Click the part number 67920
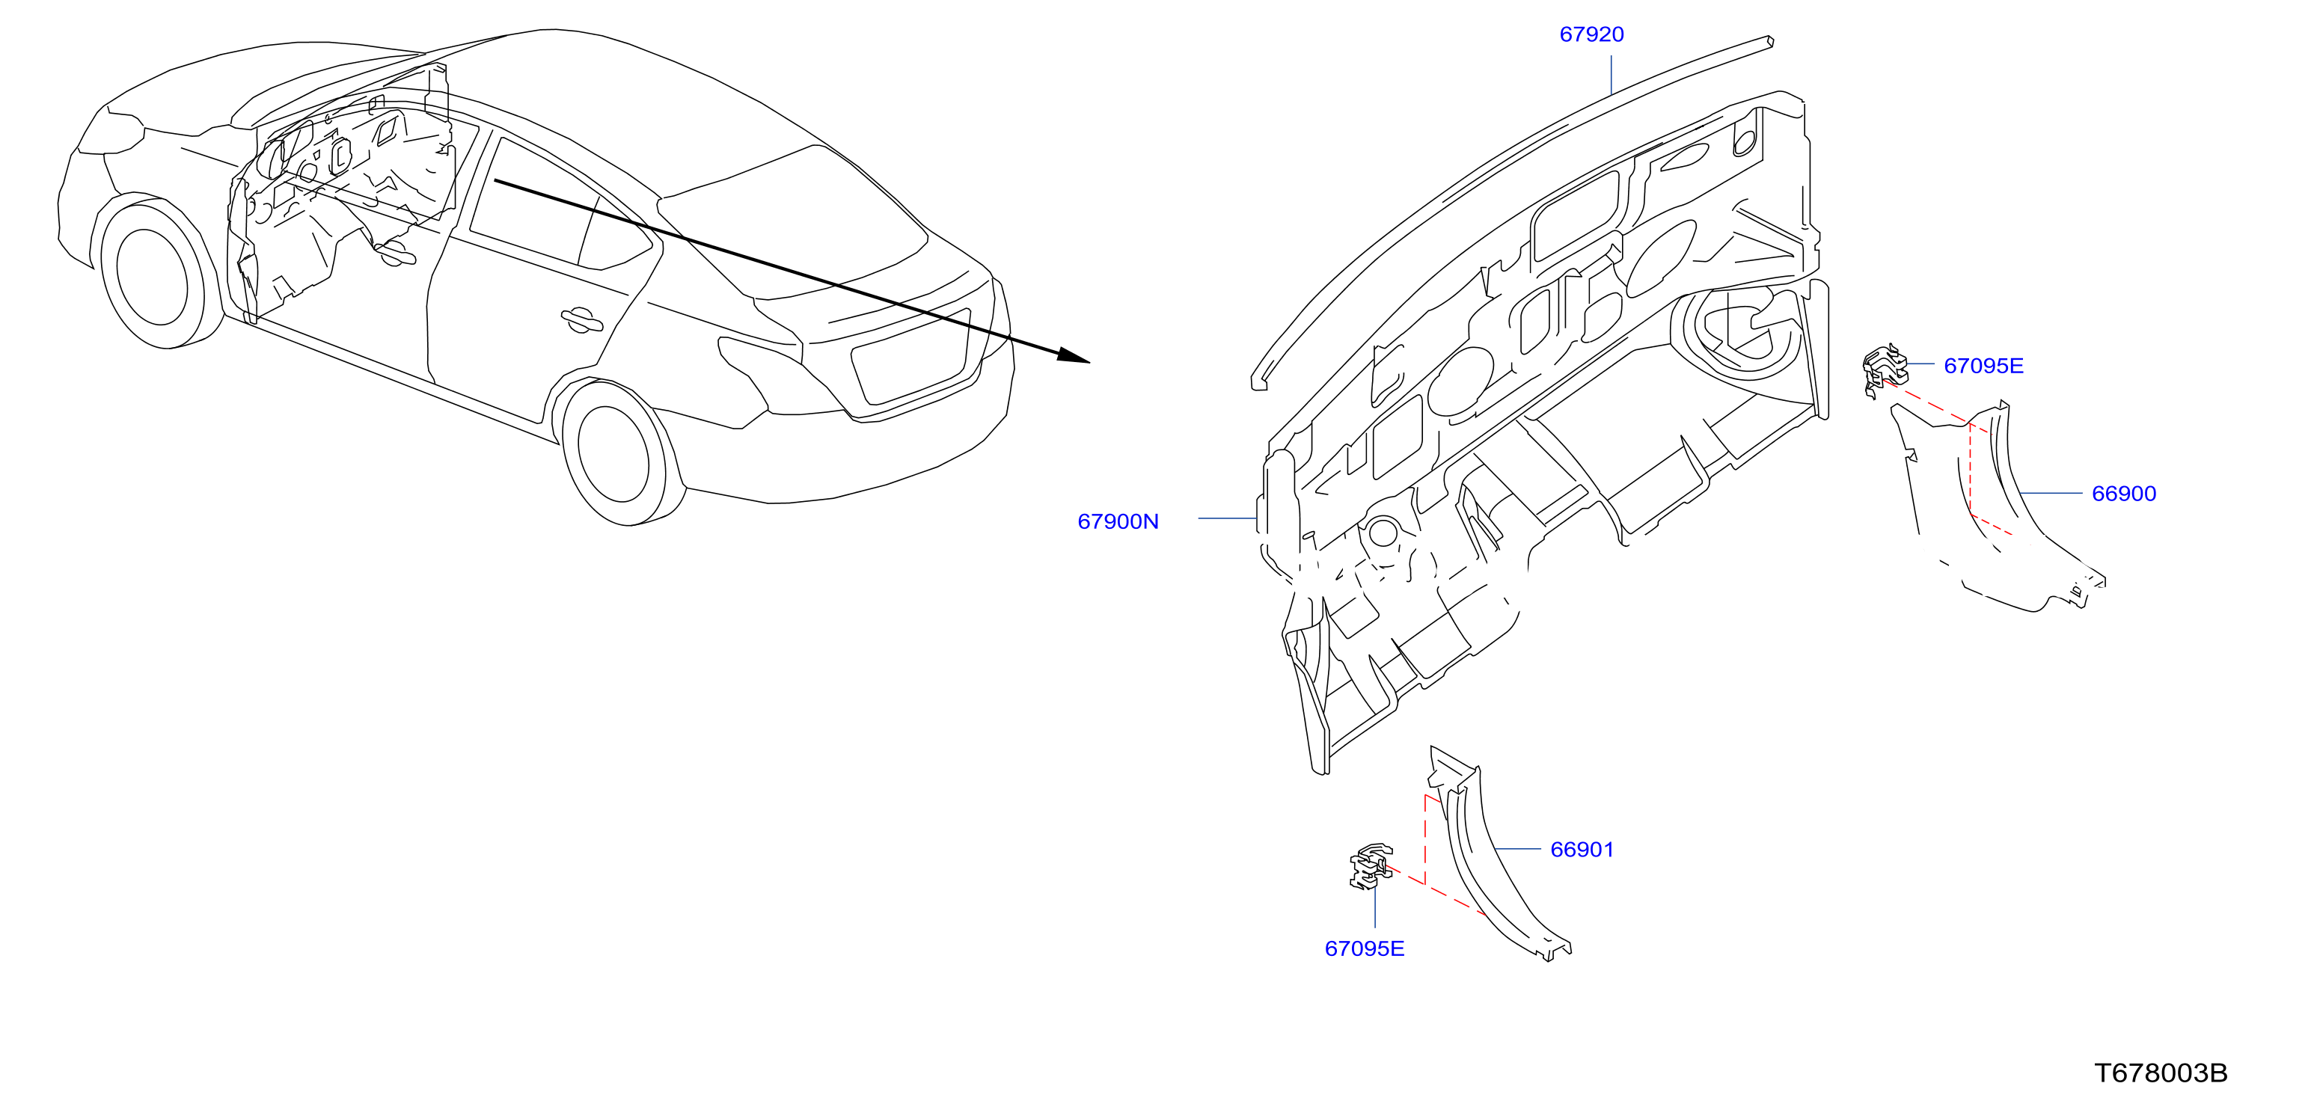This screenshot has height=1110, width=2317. coord(1591,34)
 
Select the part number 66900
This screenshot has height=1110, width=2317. coord(2124,493)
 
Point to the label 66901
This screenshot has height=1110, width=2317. coord(1582,849)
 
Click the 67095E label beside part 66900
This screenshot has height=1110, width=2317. coord(1983,365)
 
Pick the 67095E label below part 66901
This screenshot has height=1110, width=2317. coord(1365,948)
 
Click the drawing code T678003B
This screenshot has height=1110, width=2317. coord(2161,1073)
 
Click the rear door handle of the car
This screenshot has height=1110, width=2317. coord(581,319)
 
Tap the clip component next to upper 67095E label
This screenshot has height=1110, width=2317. coord(1885,370)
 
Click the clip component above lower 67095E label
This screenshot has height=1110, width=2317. coord(1371,866)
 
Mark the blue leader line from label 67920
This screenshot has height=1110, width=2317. coord(1611,75)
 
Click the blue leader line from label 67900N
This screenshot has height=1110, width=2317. coord(1227,519)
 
